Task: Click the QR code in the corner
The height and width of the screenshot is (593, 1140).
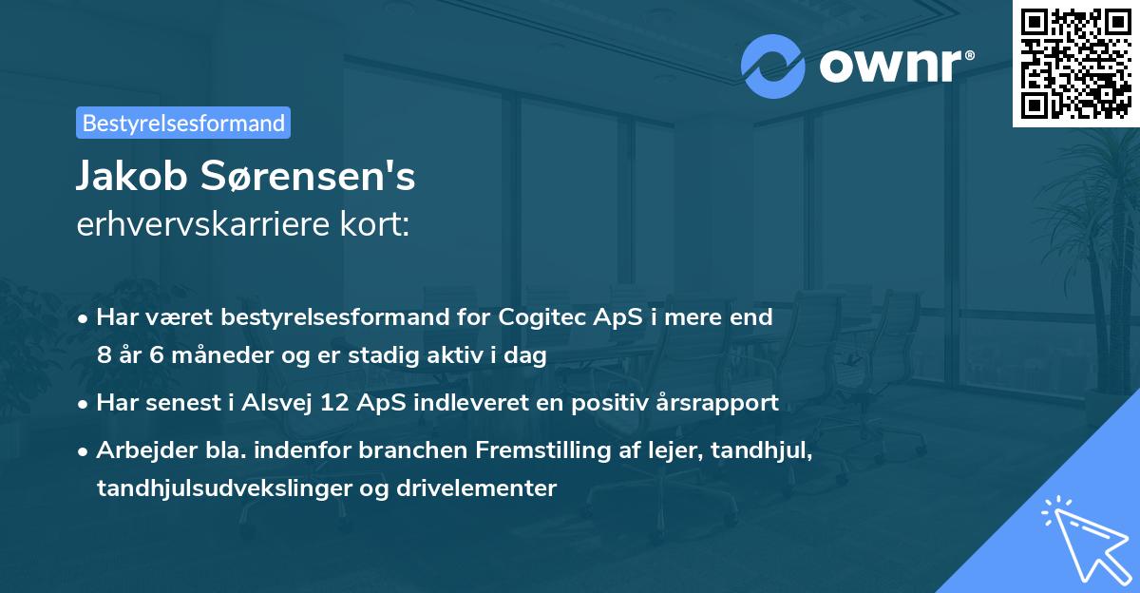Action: [1075, 63]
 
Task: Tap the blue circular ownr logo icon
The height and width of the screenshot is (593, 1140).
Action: [771, 67]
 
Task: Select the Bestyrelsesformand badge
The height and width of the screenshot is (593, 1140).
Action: [183, 123]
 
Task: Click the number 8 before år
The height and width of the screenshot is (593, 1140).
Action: [104, 356]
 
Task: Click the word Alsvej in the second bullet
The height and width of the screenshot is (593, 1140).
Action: [277, 403]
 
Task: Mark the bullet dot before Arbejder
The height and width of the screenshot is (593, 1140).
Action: [84, 451]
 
